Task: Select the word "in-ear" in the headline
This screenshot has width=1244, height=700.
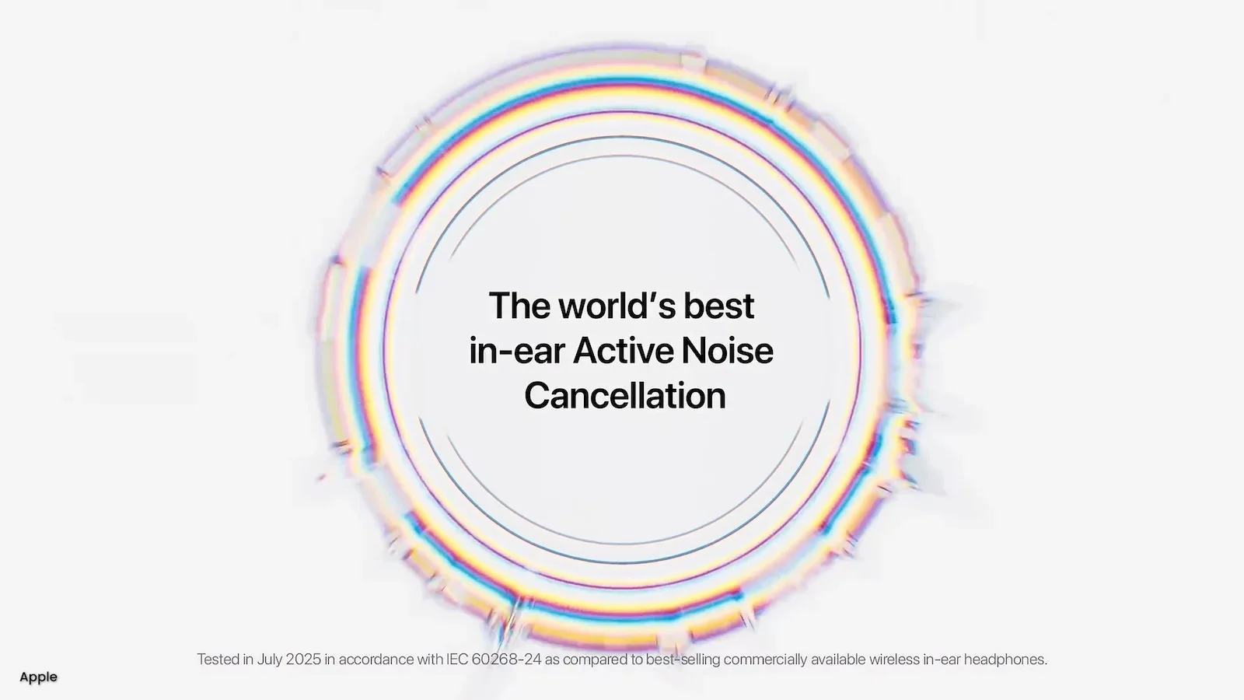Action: (x=515, y=351)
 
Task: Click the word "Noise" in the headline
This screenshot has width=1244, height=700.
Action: (x=728, y=351)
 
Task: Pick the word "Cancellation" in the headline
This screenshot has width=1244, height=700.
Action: (x=624, y=396)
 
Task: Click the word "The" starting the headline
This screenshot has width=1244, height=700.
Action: (x=519, y=306)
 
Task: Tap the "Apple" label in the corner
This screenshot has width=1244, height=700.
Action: (x=38, y=677)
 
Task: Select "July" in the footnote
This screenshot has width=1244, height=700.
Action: (x=270, y=660)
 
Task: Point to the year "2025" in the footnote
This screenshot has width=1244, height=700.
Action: (x=303, y=660)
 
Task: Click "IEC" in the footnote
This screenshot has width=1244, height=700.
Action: (x=457, y=660)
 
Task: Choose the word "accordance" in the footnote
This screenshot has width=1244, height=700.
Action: (x=376, y=660)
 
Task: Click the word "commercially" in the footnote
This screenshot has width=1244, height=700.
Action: (x=765, y=660)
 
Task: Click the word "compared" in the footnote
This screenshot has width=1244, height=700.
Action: (x=596, y=660)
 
